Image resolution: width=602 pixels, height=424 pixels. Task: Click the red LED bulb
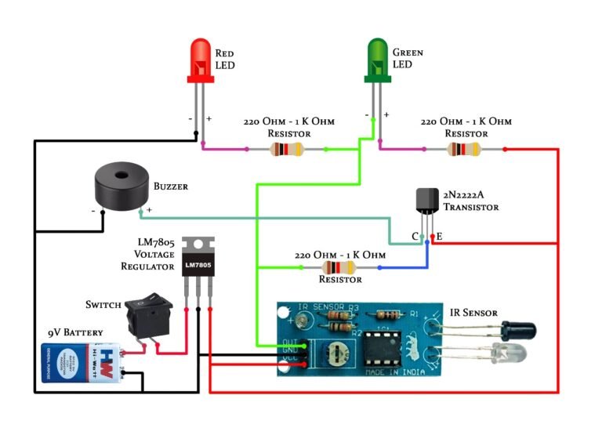[x=201, y=59]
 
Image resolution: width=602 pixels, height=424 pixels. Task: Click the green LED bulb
[x=378, y=59]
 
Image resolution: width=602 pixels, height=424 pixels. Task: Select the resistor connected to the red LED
[x=286, y=149]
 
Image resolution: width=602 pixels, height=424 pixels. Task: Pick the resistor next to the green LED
[x=465, y=149]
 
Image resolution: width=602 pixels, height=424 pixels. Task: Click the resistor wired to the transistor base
[x=340, y=268]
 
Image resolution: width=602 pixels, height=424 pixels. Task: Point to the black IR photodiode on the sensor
[x=517, y=328]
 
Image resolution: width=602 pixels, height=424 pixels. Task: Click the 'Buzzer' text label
[x=170, y=187]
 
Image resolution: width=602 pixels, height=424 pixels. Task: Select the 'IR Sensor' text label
[x=473, y=313]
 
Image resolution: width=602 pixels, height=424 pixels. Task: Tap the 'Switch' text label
[x=103, y=304]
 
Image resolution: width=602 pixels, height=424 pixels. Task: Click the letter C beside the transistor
[x=415, y=236]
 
